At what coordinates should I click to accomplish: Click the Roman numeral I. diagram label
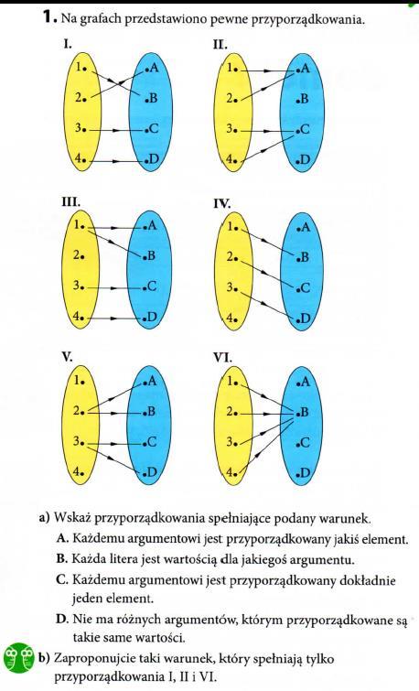[66, 45]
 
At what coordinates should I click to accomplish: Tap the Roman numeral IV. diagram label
[222, 203]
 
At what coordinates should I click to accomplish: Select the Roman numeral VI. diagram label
[222, 358]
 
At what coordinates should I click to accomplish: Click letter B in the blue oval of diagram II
[304, 99]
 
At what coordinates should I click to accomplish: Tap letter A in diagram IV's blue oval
[305, 227]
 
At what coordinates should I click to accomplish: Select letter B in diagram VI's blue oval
[304, 413]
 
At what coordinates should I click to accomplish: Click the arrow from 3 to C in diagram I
[115, 131]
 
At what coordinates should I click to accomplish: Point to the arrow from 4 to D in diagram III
[114, 319]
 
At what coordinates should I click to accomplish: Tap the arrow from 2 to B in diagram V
[116, 414]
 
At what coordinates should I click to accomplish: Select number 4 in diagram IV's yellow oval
[231, 318]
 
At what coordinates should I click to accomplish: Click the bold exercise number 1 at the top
[48, 17]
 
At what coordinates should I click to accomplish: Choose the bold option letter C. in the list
[62, 579]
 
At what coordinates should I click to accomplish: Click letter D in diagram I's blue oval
[153, 160]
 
